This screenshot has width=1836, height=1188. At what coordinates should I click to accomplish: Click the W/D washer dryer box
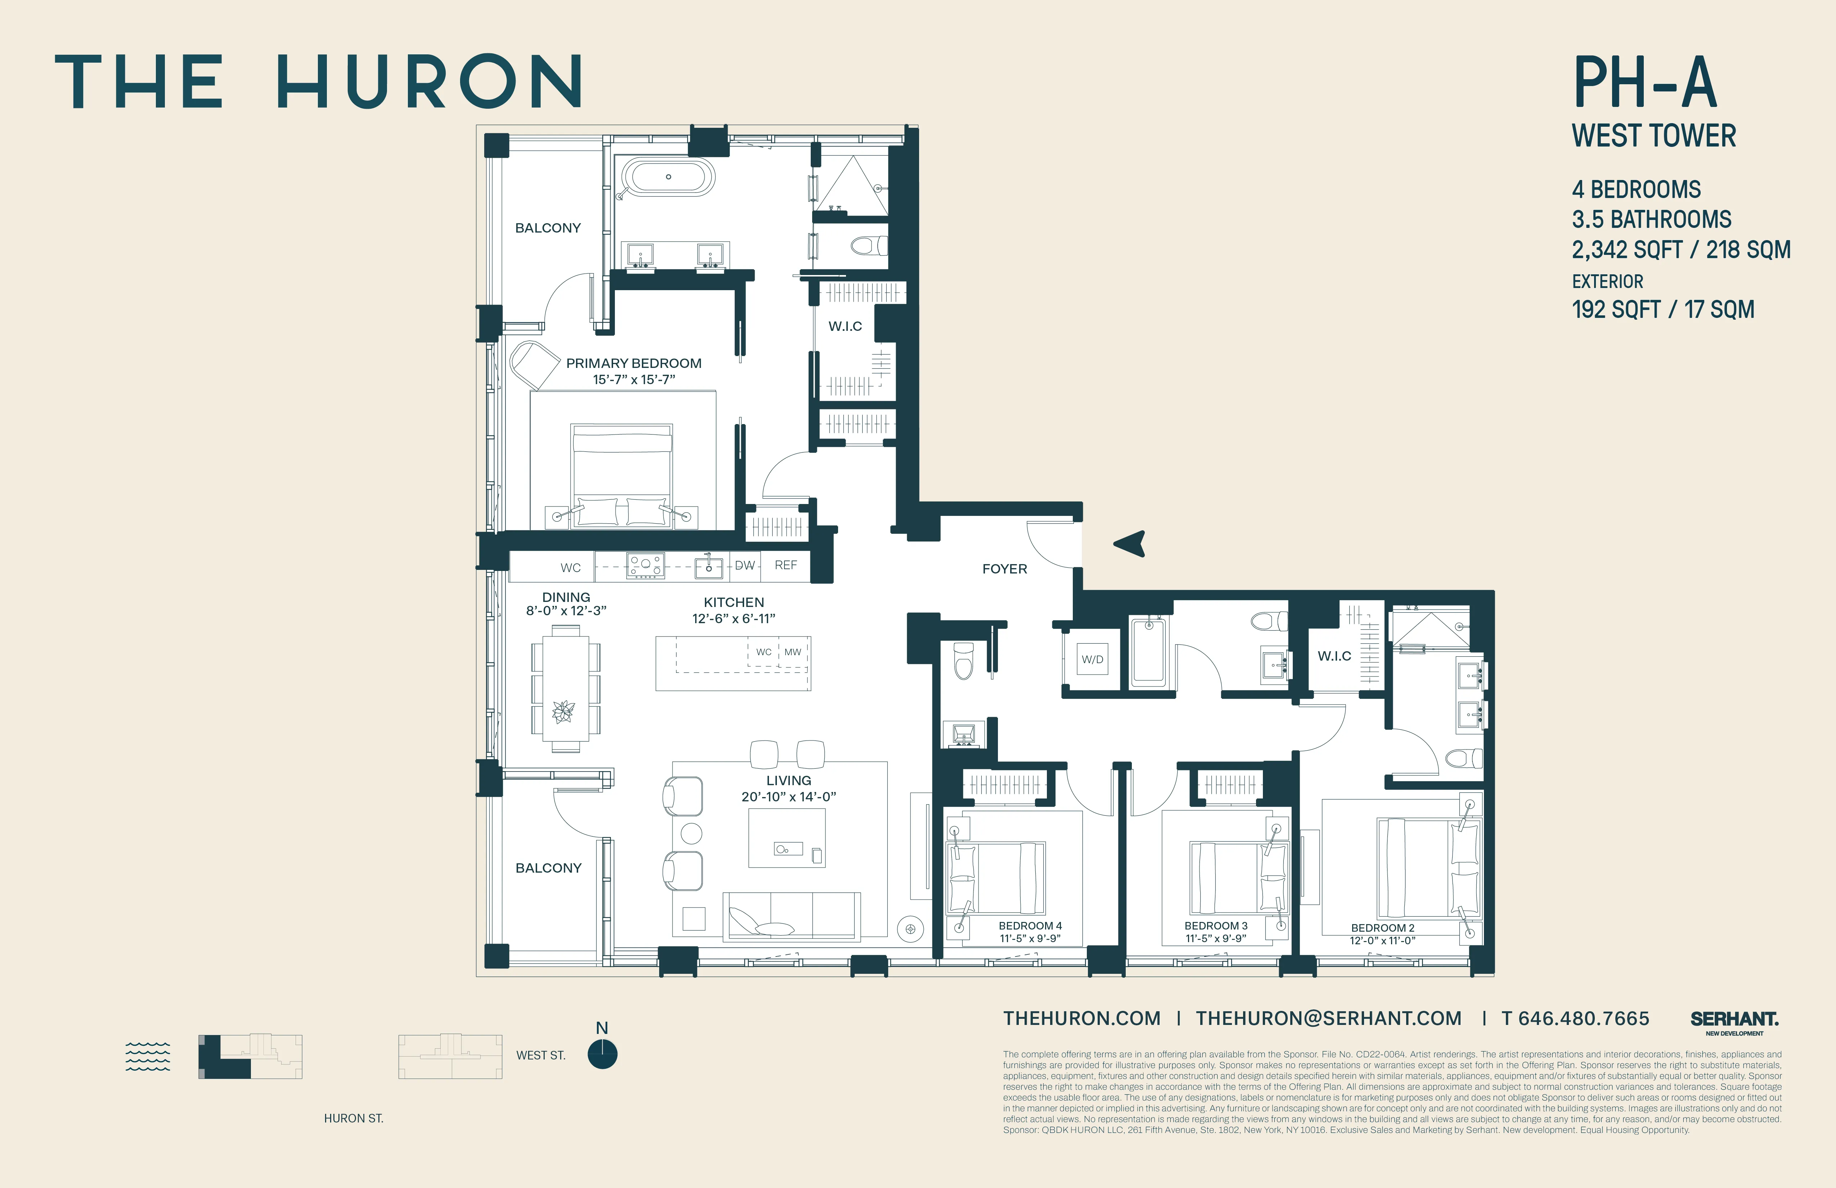click(1092, 660)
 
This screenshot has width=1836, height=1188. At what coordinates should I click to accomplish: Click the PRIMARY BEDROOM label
click(633, 363)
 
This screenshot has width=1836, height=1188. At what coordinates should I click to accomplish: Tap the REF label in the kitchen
click(785, 566)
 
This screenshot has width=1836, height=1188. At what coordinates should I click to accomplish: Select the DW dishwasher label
click(744, 566)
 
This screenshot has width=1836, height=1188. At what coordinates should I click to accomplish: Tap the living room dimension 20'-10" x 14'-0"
click(788, 797)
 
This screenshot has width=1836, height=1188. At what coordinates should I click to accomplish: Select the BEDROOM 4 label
click(1030, 926)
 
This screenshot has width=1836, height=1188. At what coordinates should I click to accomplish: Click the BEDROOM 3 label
click(1216, 926)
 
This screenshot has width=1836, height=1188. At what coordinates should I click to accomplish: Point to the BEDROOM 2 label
click(1382, 928)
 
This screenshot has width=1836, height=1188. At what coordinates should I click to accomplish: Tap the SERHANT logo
click(1734, 1020)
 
